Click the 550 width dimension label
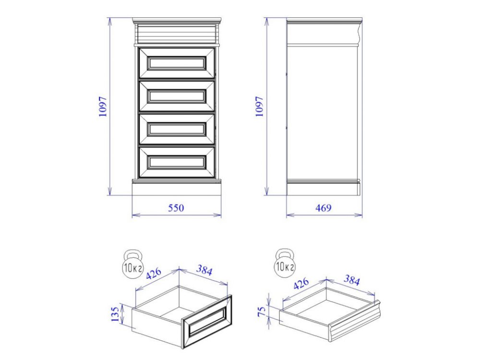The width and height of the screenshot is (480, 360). coord(176,208)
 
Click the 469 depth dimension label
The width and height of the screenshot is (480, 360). coord(324,208)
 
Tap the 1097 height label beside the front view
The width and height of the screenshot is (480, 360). coord(103,107)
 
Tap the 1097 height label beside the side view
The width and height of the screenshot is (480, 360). coord(259,107)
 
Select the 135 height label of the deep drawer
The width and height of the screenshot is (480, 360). coord(115,314)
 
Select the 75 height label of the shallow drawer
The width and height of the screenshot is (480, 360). coord(262,312)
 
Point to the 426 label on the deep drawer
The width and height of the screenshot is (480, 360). coord(154,274)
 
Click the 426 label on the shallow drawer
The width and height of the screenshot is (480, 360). coord(301,284)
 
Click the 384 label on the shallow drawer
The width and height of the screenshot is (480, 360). coord(351,280)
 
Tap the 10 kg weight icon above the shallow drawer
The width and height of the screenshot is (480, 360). coord(285,263)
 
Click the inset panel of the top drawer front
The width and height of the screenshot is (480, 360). coord(176,63)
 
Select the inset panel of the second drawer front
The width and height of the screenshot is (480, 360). coord(176,96)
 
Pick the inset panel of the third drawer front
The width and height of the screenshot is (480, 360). coord(176,129)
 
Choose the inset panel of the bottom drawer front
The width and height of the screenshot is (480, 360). coord(176,162)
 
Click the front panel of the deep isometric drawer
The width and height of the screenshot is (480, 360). coord(206,322)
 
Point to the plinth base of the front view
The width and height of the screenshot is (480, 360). coord(176,189)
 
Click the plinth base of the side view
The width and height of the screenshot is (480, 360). coord(323,189)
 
